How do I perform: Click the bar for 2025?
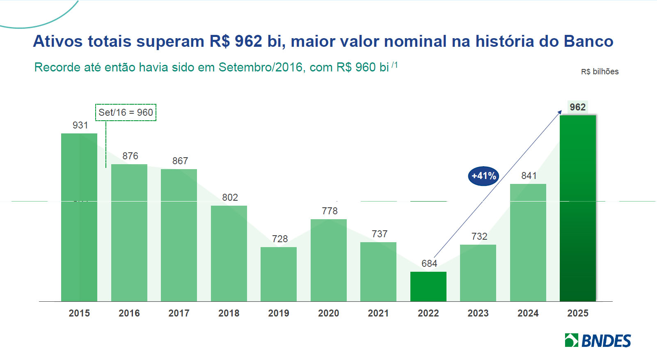pos(577,208)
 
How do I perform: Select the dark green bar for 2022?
pos(428,287)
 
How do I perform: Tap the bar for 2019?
pos(278,274)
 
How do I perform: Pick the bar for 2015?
pos(79,217)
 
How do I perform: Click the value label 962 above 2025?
pos(577,107)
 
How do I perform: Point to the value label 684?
pos(429,264)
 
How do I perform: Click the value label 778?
pos(330,211)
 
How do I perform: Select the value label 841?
pos(529,176)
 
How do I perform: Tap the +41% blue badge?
pos(483,176)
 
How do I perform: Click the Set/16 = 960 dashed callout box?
pos(126,112)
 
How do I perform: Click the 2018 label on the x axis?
pos(229,313)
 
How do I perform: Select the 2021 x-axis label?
pos(378,313)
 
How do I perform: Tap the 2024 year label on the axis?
pos(528,313)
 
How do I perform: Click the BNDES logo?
pos(597,340)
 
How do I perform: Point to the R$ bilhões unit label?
pos(600,71)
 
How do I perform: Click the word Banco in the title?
pos(588,41)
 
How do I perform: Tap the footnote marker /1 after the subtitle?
pos(394,65)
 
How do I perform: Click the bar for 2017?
pos(179,235)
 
